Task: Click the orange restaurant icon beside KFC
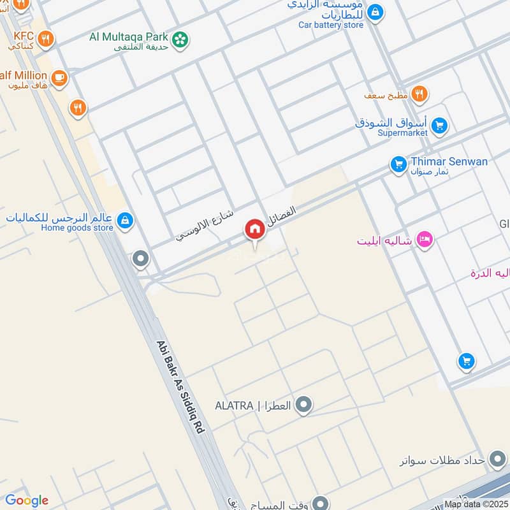(x=45, y=39)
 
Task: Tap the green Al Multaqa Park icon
(x=181, y=39)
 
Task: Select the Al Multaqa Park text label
(x=129, y=37)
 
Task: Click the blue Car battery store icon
(x=375, y=11)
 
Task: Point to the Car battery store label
(x=331, y=25)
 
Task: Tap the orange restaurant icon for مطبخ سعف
(x=419, y=94)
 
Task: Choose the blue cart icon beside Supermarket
(x=439, y=126)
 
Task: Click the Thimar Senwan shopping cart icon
(x=398, y=165)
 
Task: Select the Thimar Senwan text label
(x=449, y=161)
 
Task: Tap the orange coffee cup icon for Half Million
(x=60, y=78)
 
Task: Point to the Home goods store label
(x=77, y=228)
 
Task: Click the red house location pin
(x=255, y=229)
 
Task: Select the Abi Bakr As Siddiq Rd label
(x=180, y=387)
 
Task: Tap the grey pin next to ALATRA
(x=304, y=405)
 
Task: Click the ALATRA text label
(x=252, y=405)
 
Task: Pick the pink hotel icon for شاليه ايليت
(x=424, y=240)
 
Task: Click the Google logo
(x=27, y=500)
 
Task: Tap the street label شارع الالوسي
(x=205, y=226)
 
